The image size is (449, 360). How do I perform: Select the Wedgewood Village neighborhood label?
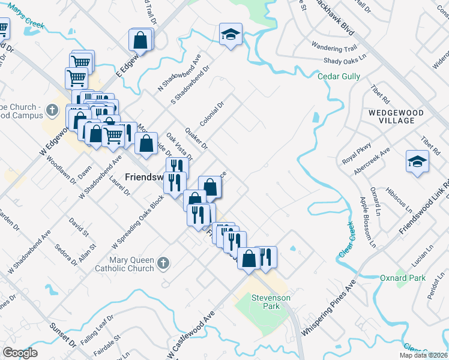[392, 116]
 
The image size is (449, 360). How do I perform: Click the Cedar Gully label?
[339, 76]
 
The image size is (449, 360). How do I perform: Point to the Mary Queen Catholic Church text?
[124, 265]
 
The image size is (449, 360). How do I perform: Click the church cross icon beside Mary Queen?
[163, 263]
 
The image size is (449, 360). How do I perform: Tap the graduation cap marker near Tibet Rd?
[417, 161]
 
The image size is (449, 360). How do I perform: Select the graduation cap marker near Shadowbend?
[230, 34]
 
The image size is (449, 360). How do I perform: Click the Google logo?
[20, 353]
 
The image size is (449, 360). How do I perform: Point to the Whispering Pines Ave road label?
[329, 307]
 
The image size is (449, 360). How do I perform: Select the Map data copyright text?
[423, 355]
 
